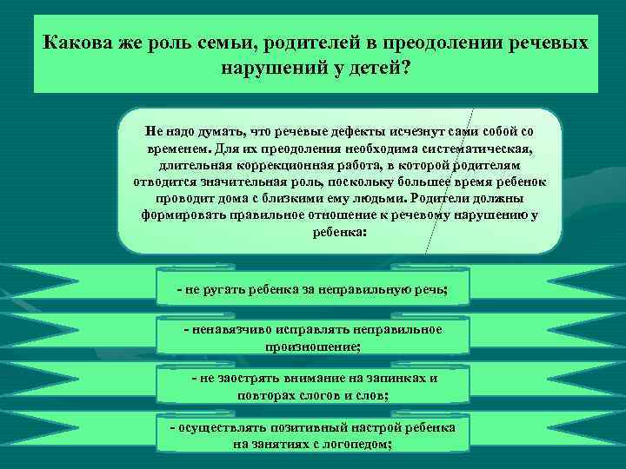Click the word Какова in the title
77,43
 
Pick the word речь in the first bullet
433,288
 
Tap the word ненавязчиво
233,329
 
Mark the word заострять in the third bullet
245,378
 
